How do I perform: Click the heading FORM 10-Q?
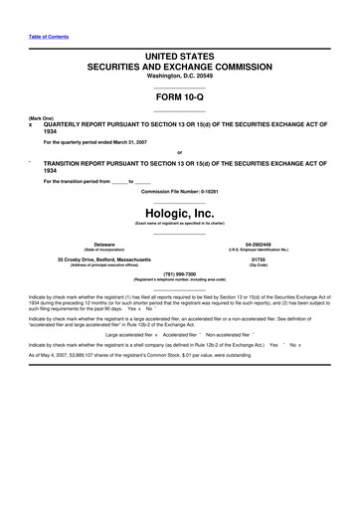(x=180, y=103)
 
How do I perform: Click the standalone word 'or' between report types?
(x=179, y=151)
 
